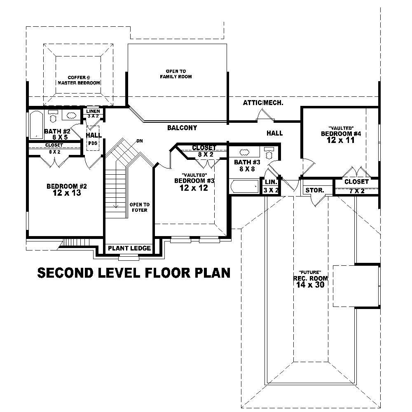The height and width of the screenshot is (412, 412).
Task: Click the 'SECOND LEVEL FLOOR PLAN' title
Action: pos(134,273)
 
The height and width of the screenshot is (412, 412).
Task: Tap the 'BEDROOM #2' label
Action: pos(67,186)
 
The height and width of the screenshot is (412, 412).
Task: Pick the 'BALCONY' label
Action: pos(182,128)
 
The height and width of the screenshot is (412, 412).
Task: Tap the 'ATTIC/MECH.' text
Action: pos(263,103)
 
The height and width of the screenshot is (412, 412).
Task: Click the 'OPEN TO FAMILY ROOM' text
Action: pos(176,74)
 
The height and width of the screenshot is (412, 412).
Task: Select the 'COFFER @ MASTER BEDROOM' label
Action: pos(79,80)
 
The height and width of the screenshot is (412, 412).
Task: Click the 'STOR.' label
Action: pos(314,191)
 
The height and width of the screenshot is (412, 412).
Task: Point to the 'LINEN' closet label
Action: pos(93,111)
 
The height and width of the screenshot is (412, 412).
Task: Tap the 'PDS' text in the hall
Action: pos(92,143)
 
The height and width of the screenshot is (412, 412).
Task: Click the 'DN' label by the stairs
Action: pos(140,141)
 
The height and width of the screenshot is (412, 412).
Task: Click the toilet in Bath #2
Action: pos(53,117)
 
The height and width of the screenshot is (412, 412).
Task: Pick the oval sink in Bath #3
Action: pos(244,152)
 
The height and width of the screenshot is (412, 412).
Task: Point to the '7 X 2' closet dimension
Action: pos(356,191)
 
